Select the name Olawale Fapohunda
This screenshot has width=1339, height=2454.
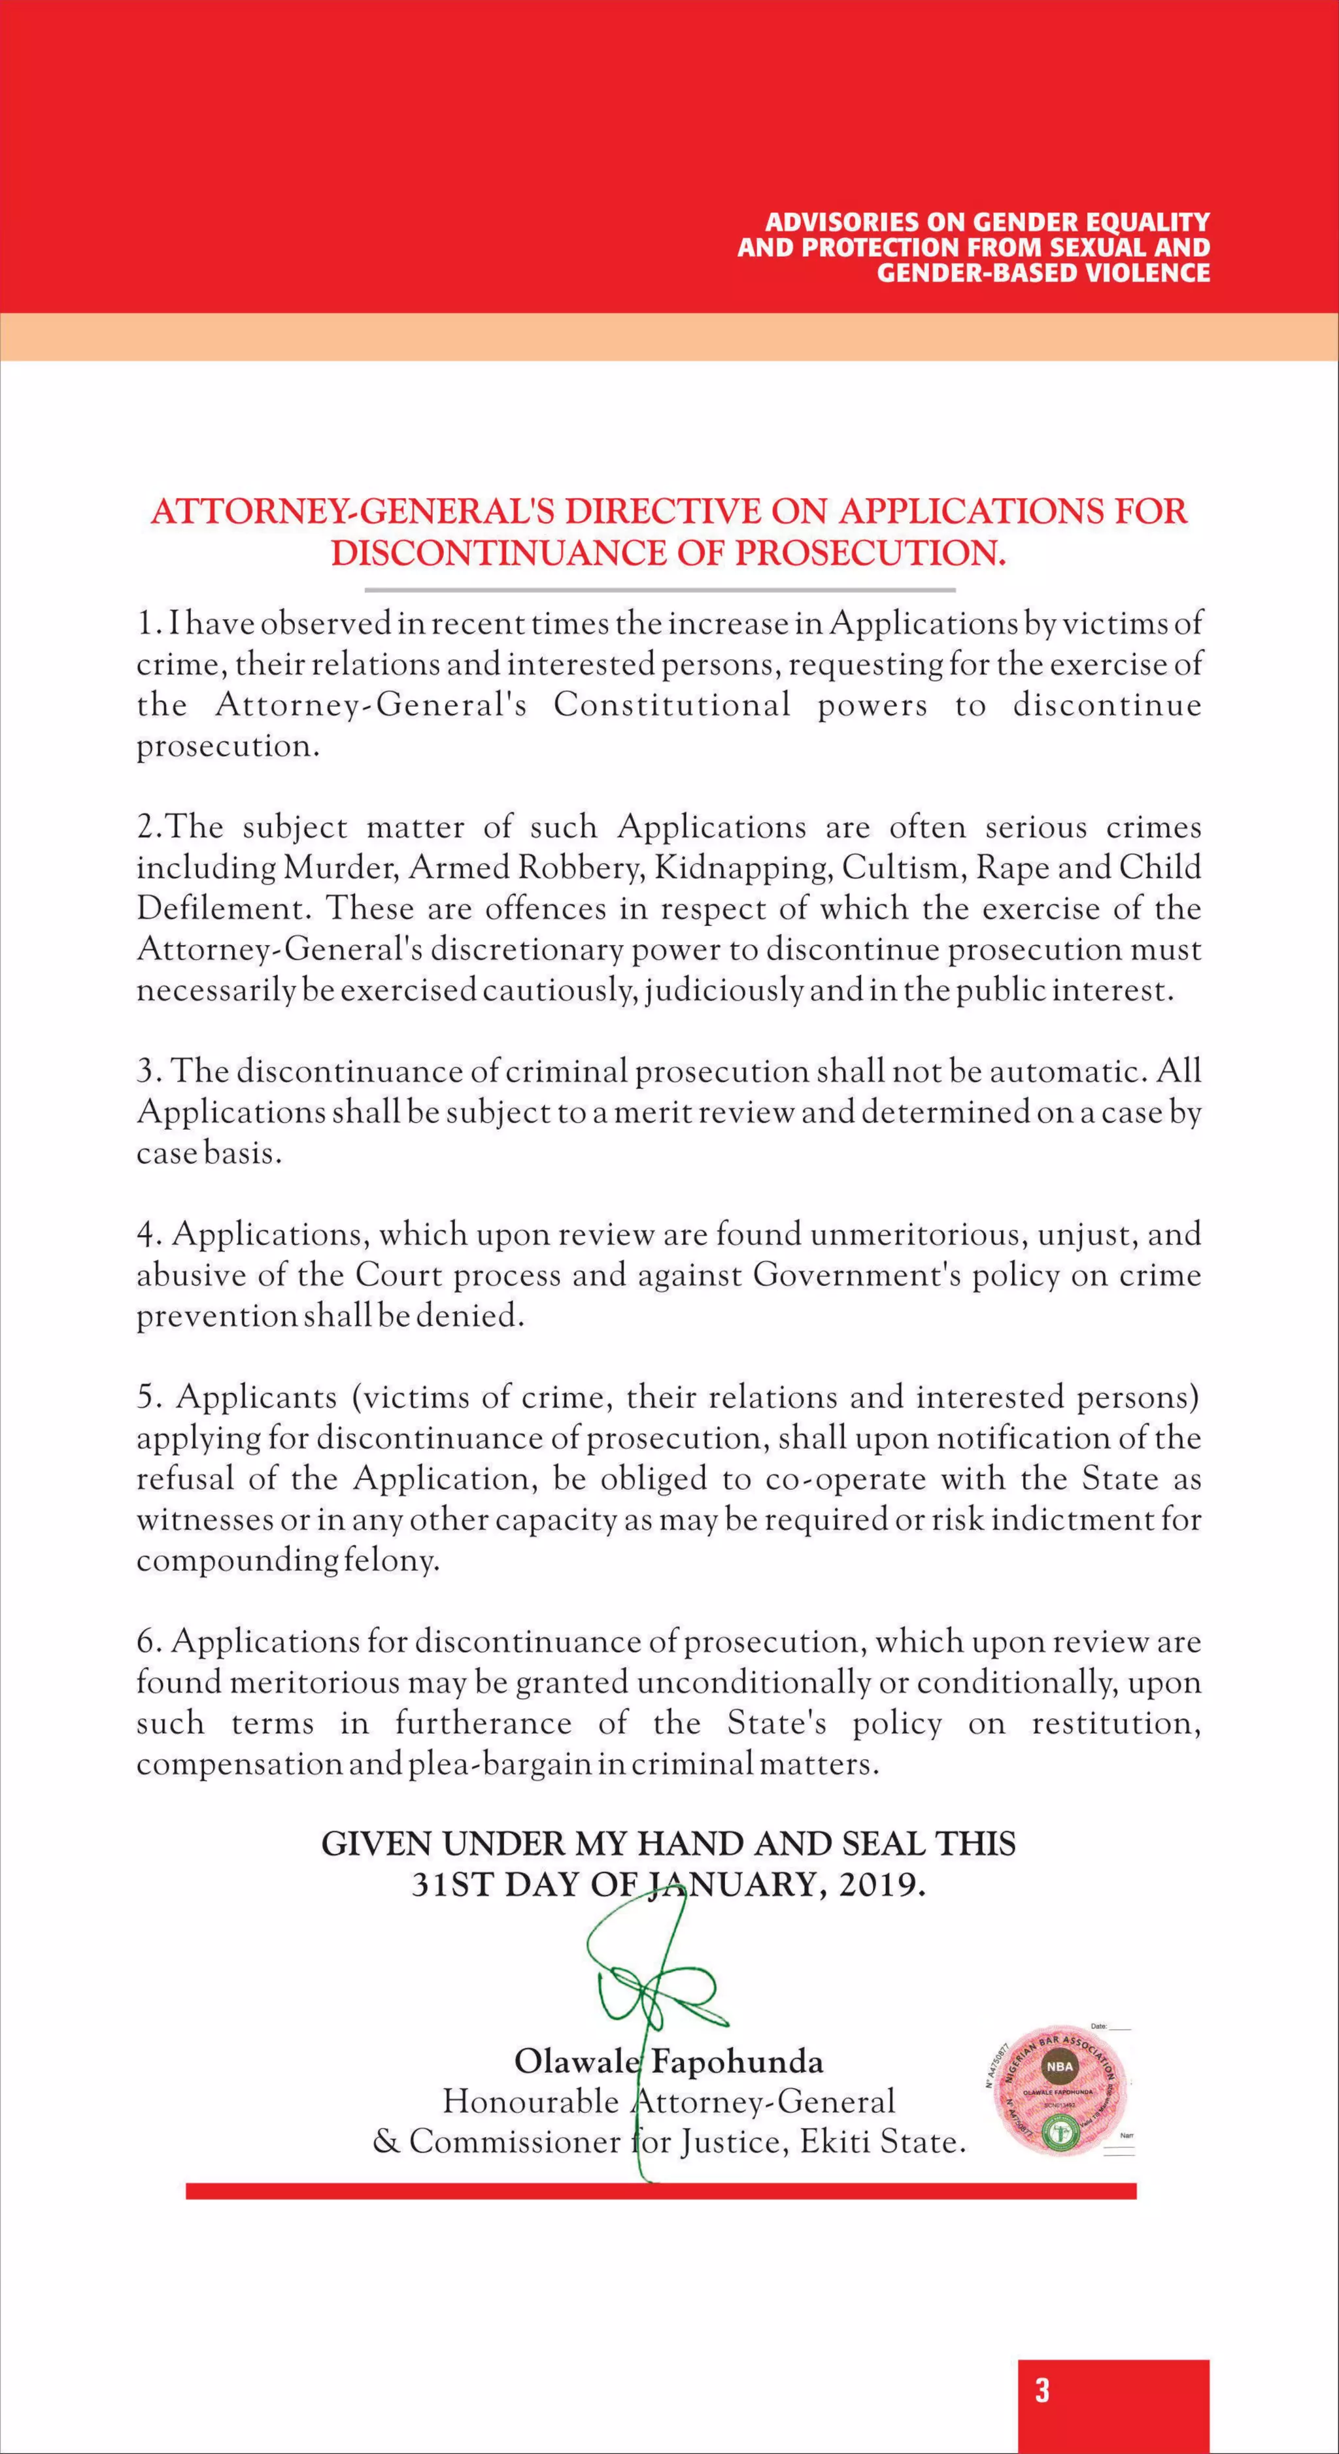(x=669, y=2063)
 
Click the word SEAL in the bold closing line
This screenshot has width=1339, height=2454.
(x=883, y=1844)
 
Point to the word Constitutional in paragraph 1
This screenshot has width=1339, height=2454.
(x=673, y=705)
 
